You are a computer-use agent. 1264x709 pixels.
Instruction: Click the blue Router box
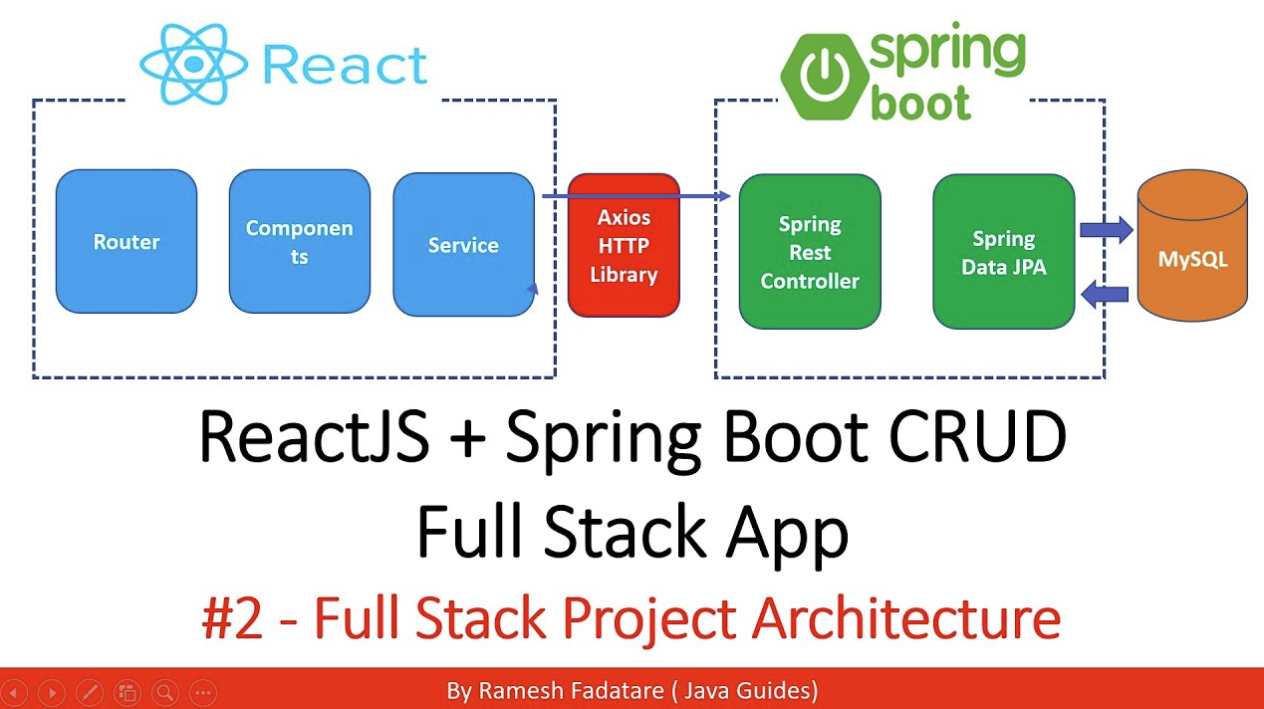point(126,242)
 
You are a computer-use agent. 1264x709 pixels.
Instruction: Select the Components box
point(299,242)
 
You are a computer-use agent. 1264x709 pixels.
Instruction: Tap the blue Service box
point(463,245)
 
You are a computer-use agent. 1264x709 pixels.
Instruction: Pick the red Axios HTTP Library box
point(624,246)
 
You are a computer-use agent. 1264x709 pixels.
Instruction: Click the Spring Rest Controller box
point(809,252)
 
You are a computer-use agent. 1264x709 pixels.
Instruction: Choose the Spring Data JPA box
point(1003,252)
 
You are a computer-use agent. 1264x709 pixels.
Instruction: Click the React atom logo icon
point(193,64)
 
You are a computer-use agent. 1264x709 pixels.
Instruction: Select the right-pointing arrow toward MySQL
point(1106,230)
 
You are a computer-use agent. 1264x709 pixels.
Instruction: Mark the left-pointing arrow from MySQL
point(1105,293)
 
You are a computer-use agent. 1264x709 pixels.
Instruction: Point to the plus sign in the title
point(465,440)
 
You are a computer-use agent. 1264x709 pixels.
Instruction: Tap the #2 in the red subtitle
point(232,618)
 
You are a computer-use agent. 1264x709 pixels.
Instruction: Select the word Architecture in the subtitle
point(905,618)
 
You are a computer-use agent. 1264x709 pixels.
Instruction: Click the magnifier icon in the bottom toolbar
point(164,692)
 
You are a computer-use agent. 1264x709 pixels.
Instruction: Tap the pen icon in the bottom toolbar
point(89,692)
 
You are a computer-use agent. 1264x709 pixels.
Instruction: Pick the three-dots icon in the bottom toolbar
point(202,692)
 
